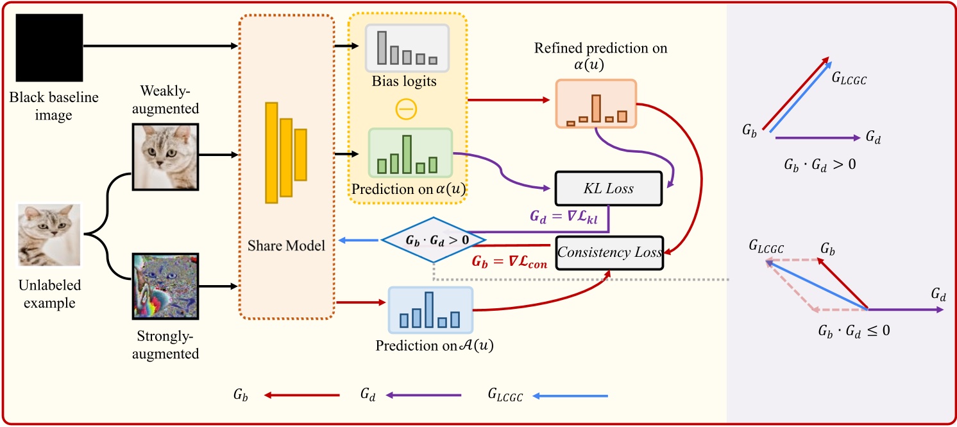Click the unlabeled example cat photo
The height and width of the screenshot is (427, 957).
pos(49,235)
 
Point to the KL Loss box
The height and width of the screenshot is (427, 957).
pos(607,189)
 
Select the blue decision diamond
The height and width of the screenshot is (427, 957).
pos(434,239)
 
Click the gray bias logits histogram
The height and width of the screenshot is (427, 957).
pos(407,47)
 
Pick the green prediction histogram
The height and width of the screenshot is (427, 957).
pos(410,153)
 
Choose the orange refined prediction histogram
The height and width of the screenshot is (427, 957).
pos(596,104)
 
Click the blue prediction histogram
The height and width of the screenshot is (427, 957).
pos(430,309)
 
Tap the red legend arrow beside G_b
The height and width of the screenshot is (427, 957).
pos(302,396)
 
